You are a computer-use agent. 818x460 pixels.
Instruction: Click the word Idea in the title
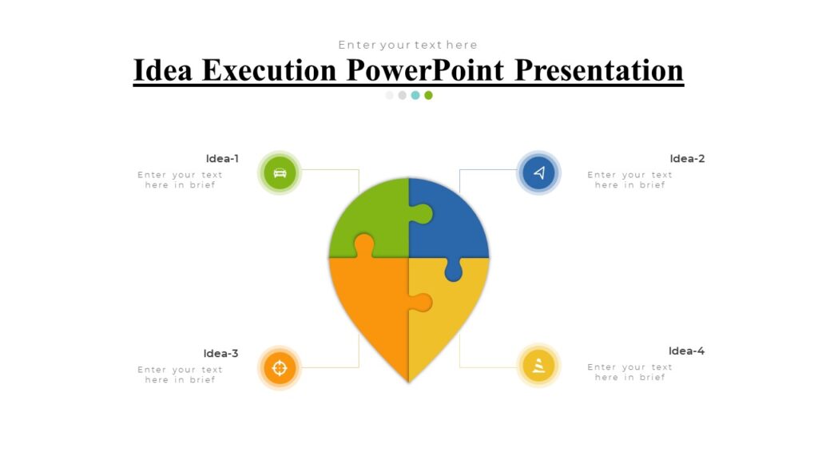click(x=164, y=70)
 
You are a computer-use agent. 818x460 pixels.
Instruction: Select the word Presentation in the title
click(x=598, y=70)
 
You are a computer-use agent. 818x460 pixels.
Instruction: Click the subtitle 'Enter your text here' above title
click(x=407, y=45)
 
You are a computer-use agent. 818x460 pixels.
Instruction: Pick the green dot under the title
click(x=428, y=95)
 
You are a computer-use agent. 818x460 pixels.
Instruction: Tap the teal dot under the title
click(x=415, y=95)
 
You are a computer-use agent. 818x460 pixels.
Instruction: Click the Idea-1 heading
click(x=222, y=158)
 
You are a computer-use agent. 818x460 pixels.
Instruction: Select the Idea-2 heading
click(x=687, y=158)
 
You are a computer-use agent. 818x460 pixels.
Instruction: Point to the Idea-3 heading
click(x=220, y=353)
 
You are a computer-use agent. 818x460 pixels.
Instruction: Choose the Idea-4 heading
click(x=686, y=351)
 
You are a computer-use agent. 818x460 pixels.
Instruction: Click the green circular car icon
click(x=280, y=172)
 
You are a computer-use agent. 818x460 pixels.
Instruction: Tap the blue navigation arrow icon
click(x=538, y=172)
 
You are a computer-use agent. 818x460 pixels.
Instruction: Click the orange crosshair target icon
click(x=280, y=367)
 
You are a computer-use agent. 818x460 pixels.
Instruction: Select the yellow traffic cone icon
click(x=538, y=365)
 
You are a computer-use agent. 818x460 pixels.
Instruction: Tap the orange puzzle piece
click(x=371, y=303)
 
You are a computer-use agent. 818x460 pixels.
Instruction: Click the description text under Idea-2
click(x=629, y=180)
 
